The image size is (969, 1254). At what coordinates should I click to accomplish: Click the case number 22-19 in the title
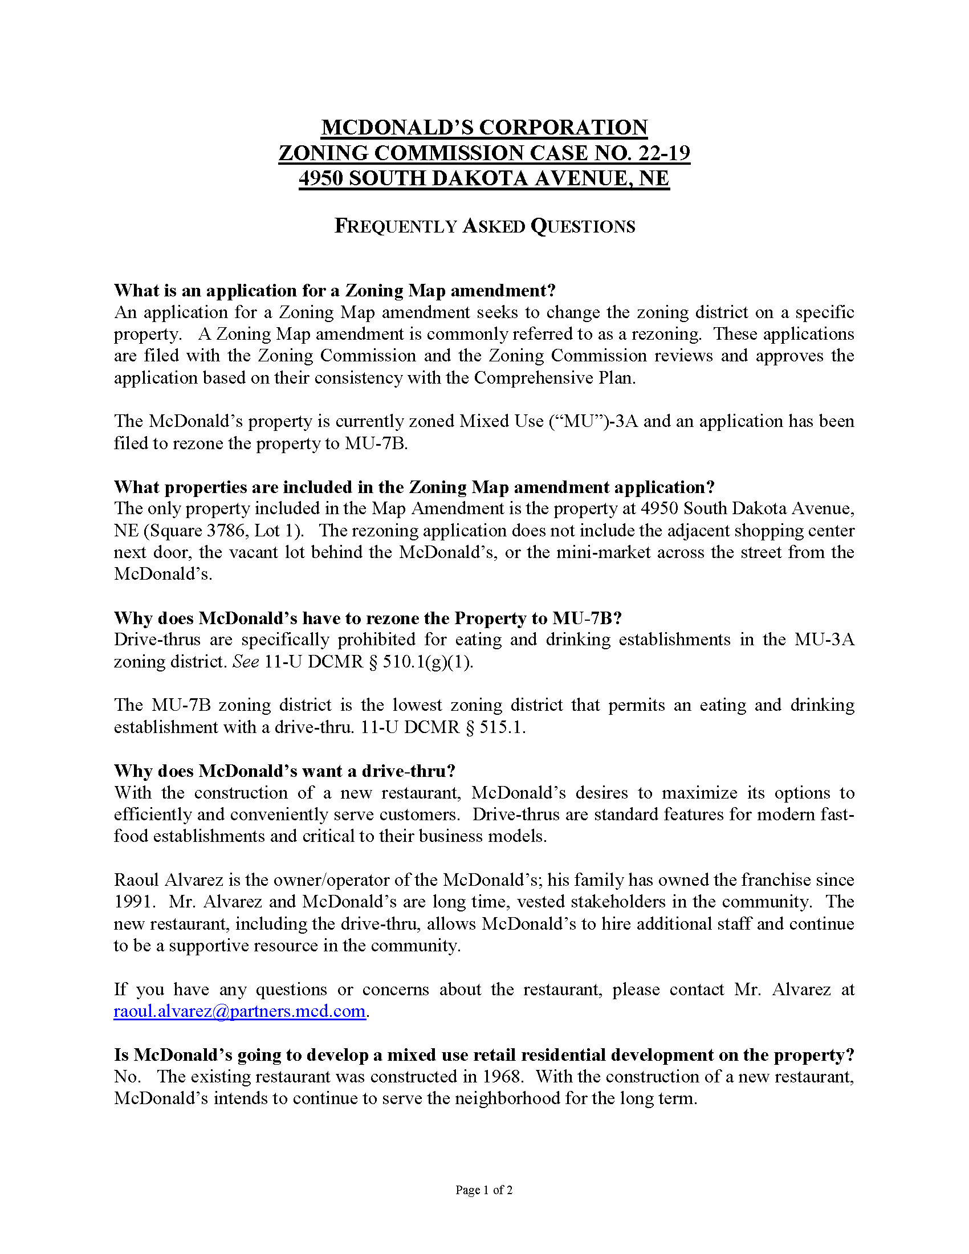click(659, 153)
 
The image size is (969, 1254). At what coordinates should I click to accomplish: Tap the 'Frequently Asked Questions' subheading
click(484, 226)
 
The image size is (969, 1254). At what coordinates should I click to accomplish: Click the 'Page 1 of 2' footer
click(484, 1190)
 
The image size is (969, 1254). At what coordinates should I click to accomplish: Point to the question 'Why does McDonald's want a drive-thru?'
click(285, 771)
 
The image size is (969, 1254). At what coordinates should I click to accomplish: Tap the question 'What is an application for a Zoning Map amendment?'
click(335, 291)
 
